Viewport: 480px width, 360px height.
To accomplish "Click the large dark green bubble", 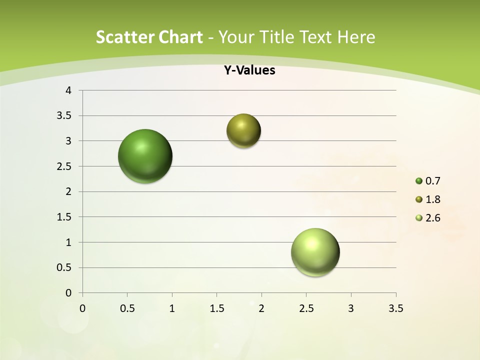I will pyautogui.click(x=145, y=156).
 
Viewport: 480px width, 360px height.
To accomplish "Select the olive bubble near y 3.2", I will pyautogui.click(x=243, y=130).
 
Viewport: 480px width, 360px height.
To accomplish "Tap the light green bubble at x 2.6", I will pyautogui.click(x=315, y=252).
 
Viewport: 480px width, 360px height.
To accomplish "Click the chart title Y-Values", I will pyautogui.click(x=249, y=70).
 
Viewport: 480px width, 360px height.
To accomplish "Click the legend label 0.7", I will pyautogui.click(x=432, y=181).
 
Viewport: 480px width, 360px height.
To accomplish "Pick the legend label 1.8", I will pyautogui.click(x=432, y=199).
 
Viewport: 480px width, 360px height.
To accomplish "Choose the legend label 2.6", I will pyautogui.click(x=432, y=218).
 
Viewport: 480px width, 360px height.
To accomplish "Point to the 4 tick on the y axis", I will pyautogui.click(x=68, y=90).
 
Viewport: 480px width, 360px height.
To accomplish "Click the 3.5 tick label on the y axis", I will pyautogui.click(x=64, y=116).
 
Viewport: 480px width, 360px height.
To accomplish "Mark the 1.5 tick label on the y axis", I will pyautogui.click(x=64, y=217).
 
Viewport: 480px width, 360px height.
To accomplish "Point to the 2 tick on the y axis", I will pyautogui.click(x=68, y=191).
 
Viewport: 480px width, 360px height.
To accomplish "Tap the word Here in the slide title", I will pyautogui.click(x=356, y=37).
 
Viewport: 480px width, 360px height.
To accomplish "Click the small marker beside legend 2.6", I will pyautogui.click(x=419, y=218).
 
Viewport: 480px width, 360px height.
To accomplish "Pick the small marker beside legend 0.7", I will pyautogui.click(x=419, y=181).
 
